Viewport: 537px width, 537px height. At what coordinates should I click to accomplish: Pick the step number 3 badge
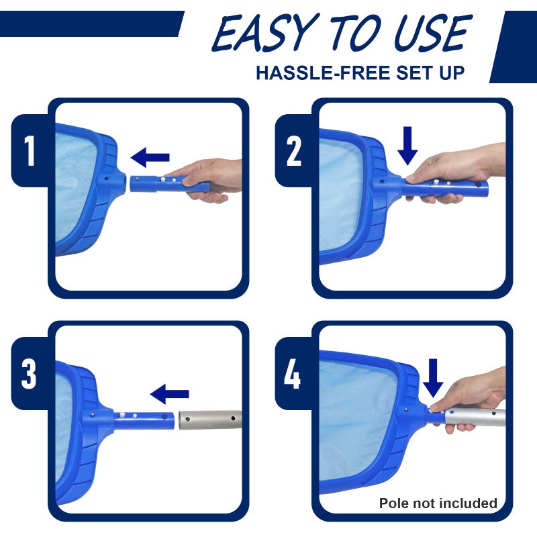[x=30, y=375]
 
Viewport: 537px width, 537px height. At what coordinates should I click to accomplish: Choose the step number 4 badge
[x=293, y=375]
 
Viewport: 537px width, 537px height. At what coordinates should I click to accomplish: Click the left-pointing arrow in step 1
[x=150, y=158]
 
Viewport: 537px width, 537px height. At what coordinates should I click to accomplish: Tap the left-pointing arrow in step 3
[x=169, y=394]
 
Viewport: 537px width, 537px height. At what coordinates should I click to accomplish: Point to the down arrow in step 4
[x=434, y=377]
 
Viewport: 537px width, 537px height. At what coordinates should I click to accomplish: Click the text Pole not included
[x=438, y=503]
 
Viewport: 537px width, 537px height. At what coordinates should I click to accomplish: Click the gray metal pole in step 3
[x=208, y=421]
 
